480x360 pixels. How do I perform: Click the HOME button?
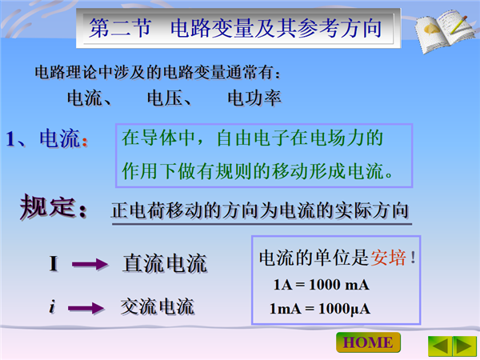[368, 342]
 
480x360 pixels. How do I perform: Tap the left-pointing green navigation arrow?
[441, 346]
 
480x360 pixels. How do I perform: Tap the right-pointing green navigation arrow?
[465, 346]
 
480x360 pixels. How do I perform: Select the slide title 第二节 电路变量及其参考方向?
[235, 28]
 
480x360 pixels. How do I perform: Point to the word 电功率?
[254, 98]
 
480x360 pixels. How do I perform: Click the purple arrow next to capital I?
[90, 264]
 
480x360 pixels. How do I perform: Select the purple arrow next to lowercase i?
[86, 308]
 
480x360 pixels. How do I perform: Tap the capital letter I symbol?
[54, 263]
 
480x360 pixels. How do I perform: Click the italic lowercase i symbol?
[52, 306]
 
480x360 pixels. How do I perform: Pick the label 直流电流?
[165, 263]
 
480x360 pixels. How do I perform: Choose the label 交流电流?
[158, 306]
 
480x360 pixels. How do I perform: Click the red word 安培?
[389, 258]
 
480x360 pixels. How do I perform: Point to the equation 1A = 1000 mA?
[322, 285]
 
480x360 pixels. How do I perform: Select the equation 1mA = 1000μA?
[320, 309]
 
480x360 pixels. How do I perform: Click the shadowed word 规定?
[47, 207]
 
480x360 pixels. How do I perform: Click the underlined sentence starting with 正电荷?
[260, 210]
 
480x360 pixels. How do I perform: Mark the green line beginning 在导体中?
[253, 138]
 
